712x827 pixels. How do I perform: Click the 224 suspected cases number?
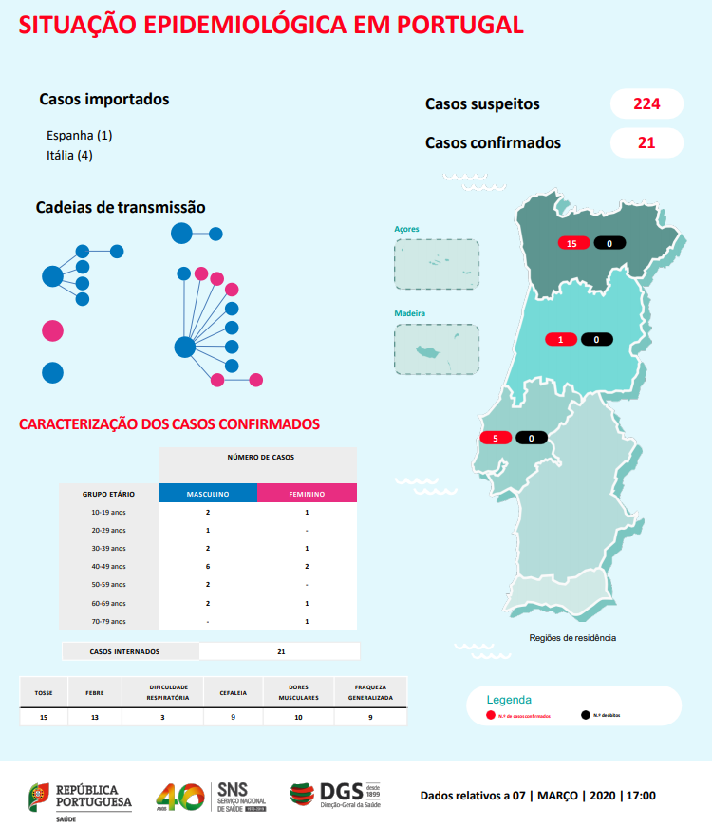click(646, 103)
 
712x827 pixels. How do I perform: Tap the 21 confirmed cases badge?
click(646, 142)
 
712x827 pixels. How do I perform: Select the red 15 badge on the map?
click(571, 244)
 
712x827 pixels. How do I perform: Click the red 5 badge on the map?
click(496, 438)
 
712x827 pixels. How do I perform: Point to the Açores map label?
click(407, 229)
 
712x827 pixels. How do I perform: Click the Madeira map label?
click(410, 313)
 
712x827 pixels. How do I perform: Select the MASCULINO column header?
click(207, 494)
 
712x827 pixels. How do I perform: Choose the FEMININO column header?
click(307, 494)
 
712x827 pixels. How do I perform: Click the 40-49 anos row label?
click(108, 566)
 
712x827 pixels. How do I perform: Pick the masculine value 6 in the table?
click(207, 566)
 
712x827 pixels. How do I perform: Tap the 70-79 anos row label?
click(108, 621)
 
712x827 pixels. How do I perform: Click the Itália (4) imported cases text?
click(69, 155)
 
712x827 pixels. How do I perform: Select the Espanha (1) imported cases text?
click(79, 135)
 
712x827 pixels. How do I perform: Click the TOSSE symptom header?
click(44, 692)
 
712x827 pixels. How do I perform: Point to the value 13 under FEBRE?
click(94, 718)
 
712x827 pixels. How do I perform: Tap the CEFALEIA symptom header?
click(233, 692)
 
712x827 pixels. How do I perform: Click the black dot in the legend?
click(585, 715)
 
